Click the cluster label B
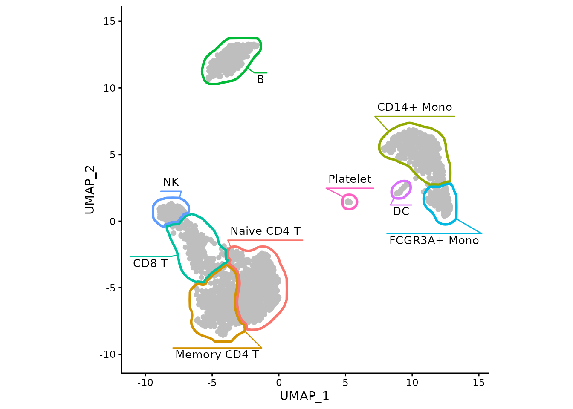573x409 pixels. [260, 80]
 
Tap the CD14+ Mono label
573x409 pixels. [414, 107]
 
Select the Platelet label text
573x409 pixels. [350, 179]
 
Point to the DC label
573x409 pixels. [401, 212]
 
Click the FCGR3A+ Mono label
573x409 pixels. [434, 241]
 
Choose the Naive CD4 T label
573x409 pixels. [265, 231]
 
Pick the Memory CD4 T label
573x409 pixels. [217, 355]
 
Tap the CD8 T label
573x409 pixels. [150, 264]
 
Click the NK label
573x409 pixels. [171, 182]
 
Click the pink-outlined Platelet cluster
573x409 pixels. [349, 202]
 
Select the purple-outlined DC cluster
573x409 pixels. [401, 190]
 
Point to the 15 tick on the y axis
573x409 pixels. [110, 21]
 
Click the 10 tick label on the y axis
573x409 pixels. [110, 88]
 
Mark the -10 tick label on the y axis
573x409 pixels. [107, 354]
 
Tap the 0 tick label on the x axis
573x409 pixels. [278, 383]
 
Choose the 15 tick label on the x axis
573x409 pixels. [478, 383]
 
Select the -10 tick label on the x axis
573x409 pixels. [145, 383]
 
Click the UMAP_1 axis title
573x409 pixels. [304, 396]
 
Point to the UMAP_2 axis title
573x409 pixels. [90, 190]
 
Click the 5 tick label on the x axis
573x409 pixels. [345, 383]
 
